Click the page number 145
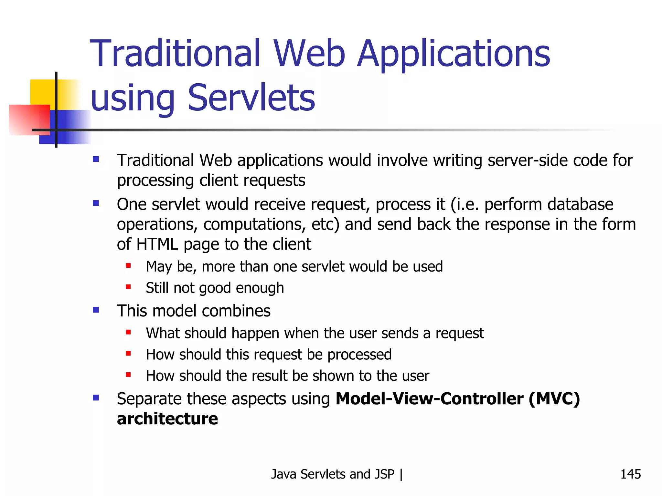tap(630, 474)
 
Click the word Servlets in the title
tap(251, 98)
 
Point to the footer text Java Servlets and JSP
tap(333, 474)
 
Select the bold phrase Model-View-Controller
tap(429, 398)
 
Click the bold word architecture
tap(167, 419)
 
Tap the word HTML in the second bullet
tap(157, 244)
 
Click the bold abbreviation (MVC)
tap(554, 398)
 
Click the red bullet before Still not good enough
tap(128, 287)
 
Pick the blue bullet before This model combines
tap(96, 310)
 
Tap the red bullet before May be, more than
tap(128, 266)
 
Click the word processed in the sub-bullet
tap(359, 355)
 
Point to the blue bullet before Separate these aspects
tap(96, 398)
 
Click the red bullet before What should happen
tap(128, 332)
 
